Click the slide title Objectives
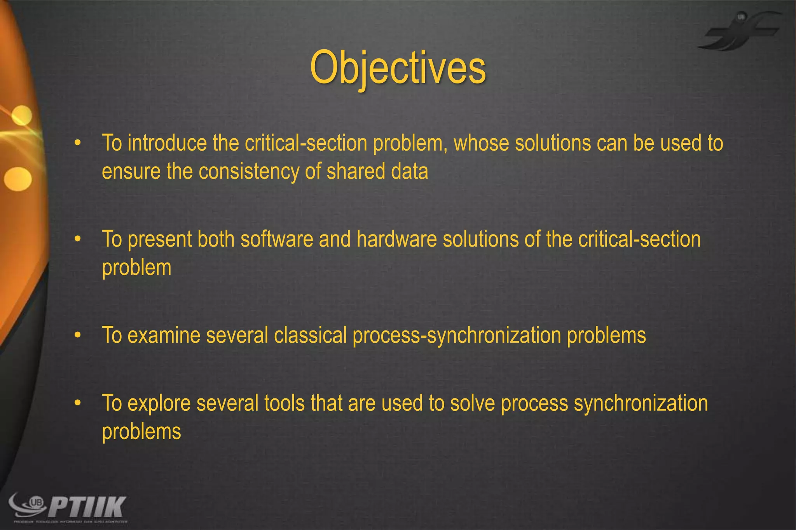point(398,68)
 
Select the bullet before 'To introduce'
point(78,143)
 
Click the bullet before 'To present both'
point(78,239)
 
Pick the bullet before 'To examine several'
point(78,335)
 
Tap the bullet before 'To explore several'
point(78,403)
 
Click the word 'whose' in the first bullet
point(481,143)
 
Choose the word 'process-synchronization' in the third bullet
point(457,336)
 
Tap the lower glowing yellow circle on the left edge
point(18,179)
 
